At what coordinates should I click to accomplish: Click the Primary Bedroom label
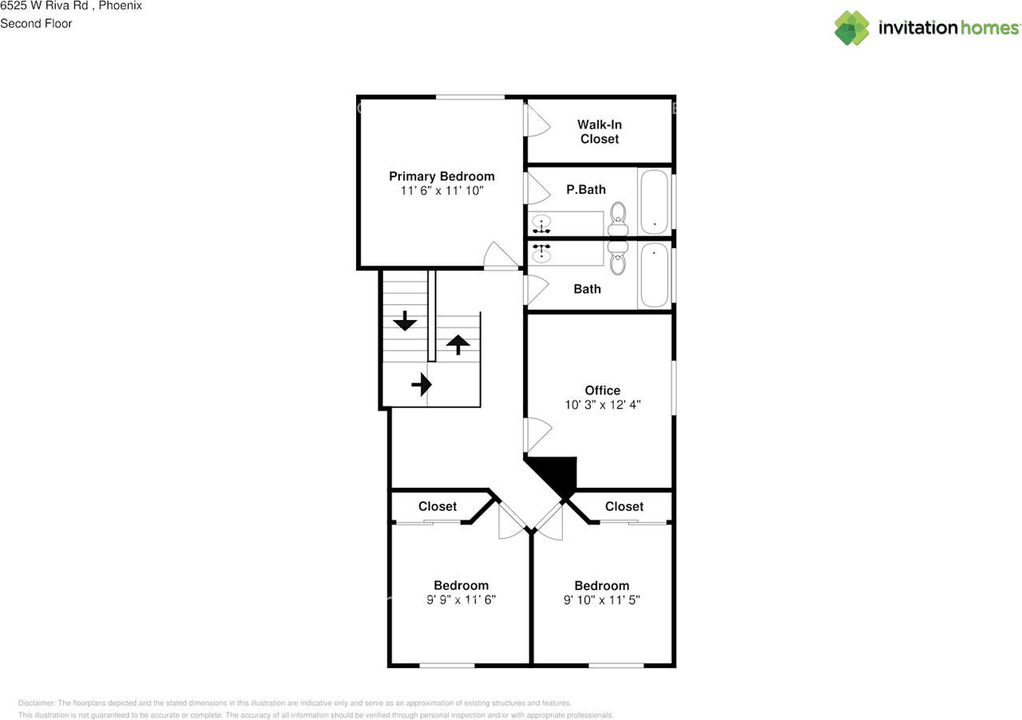pos(442,176)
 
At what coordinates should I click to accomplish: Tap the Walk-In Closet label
pos(599,132)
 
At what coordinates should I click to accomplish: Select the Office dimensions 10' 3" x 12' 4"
pos(602,405)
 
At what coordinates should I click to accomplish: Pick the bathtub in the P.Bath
pos(655,201)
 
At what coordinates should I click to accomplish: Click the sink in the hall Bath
pos(542,255)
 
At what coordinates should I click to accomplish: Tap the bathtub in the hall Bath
pos(655,275)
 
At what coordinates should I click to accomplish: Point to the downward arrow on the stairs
pos(405,321)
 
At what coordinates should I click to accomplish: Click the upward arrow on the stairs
pos(458,344)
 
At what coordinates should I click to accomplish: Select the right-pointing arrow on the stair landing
pos(421,386)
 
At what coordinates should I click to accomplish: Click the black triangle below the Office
pos(557,474)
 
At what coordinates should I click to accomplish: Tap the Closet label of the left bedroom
pos(438,506)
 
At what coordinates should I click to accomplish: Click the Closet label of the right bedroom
pos(624,506)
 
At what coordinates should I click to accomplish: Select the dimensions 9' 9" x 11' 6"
pos(461,599)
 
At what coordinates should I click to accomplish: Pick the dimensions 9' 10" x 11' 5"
pos(601,599)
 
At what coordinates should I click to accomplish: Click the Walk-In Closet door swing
pos(537,121)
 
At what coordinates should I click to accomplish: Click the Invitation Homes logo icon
pos(852,28)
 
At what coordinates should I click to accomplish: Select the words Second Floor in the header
pos(36,23)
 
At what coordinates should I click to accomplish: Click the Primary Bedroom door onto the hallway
pos(501,257)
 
